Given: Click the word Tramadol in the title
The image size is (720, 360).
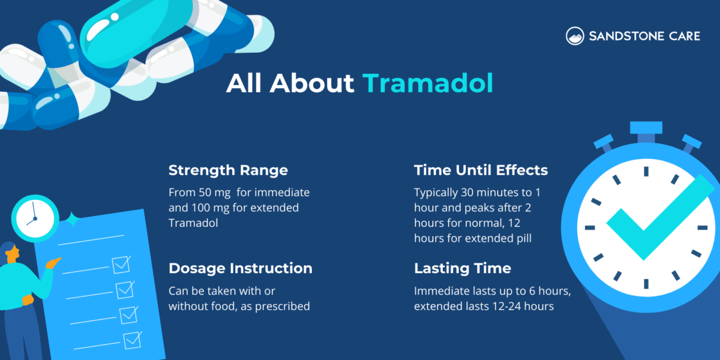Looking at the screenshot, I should pos(427,83).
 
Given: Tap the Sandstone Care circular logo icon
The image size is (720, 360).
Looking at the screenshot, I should pos(575,36).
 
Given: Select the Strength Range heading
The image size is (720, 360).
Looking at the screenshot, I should pos(228,170).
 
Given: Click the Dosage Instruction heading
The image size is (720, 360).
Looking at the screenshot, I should pos(240,268).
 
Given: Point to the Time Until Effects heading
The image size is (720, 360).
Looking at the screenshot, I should pos(481,170).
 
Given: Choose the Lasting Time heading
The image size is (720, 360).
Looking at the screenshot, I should pos(462,268).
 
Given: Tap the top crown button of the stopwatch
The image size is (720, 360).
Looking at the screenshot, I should pos(646,128).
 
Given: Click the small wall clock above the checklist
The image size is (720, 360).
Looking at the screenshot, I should pos(34,215).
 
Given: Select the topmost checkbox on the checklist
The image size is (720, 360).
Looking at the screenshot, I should pos(121,264).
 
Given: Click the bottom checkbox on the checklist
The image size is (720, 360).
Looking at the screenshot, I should pos(131,340).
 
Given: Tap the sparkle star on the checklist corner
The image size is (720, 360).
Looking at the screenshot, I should pos(73,219).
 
